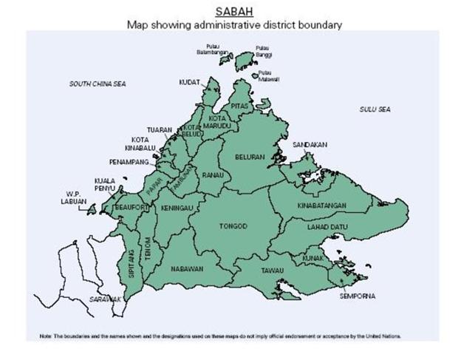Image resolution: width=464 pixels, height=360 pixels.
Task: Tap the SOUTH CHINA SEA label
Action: click(98, 84)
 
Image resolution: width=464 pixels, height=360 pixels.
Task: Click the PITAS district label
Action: click(238, 106)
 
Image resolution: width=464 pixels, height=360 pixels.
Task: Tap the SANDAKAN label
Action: click(310, 145)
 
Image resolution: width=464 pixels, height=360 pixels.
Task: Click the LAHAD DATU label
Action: click(326, 227)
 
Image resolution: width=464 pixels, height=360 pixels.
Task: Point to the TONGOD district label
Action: click(233, 225)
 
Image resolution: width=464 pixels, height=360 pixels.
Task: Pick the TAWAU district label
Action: click(271, 271)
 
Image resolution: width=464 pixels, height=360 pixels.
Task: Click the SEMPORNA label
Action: click(357, 296)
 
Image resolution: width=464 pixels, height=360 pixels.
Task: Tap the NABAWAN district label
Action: click(186, 269)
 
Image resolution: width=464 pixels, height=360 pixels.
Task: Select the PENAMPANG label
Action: click(129, 160)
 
